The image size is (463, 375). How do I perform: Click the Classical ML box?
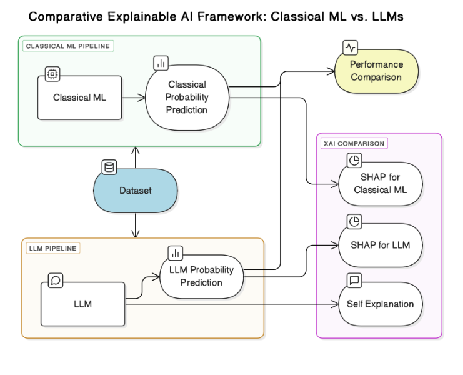pyautogui.click(x=79, y=97)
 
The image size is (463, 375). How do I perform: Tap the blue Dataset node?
pyautogui.click(x=136, y=191)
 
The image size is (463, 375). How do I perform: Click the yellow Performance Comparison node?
pyautogui.click(x=376, y=71)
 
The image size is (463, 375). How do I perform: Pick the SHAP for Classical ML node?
pyautogui.click(x=380, y=184)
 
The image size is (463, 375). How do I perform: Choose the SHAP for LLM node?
pyautogui.click(x=380, y=245)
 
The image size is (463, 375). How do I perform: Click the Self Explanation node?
pyautogui.click(x=380, y=304)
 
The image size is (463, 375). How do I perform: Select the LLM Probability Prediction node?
pyautogui.click(x=201, y=276)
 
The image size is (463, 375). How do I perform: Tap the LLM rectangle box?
pyautogui.click(x=83, y=304)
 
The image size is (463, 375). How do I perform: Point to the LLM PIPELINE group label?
pyautogui.click(x=53, y=248)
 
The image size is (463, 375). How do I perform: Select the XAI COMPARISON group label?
pyautogui.click(x=354, y=143)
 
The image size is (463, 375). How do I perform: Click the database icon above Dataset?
pyautogui.click(x=109, y=167)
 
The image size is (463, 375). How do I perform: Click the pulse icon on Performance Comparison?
pyautogui.click(x=350, y=47)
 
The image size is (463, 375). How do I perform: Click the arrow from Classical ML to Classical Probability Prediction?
pyautogui.click(x=134, y=97)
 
